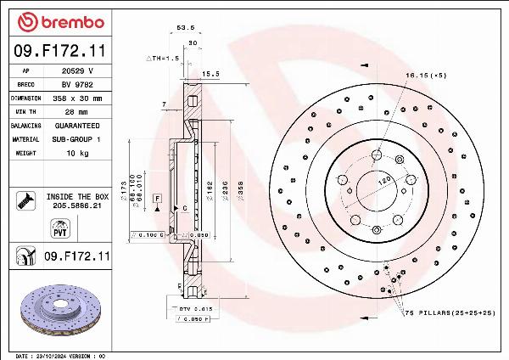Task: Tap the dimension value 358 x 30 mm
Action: pyautogui.click(x=79, y=98)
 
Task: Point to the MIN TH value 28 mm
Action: pyautogui.click(x=77, y=111)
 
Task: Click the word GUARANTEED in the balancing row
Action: pyautogui.click(x=78, y=125)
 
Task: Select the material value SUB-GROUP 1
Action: pyautogui.click(x=78, y=138)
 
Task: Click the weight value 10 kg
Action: pyautogui.click(x=77, y=153)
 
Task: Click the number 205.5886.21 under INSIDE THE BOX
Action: pyautogui.click(x=79, y=205)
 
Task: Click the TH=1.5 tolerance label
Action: pyautogui.click(x=161, y=58)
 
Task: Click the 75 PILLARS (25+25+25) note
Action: pyautogui.click(x=449, y=313)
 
